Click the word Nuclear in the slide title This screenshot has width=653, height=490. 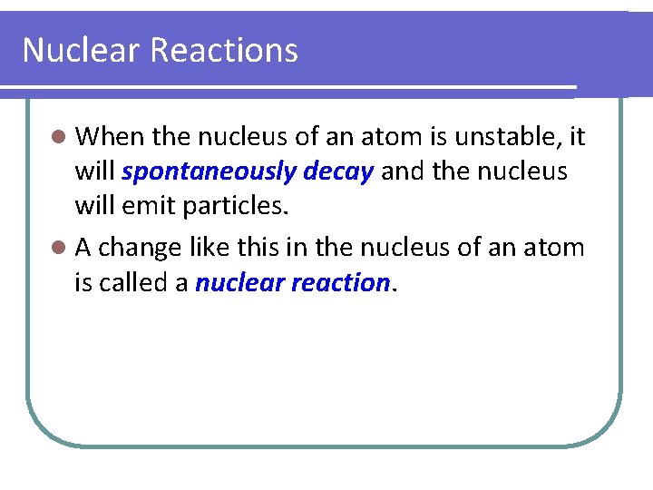click(82, 50)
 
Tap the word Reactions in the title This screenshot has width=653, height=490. click(224, 50)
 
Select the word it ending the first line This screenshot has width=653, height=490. click(577, 137)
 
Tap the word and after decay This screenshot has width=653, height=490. click(401, 172)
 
